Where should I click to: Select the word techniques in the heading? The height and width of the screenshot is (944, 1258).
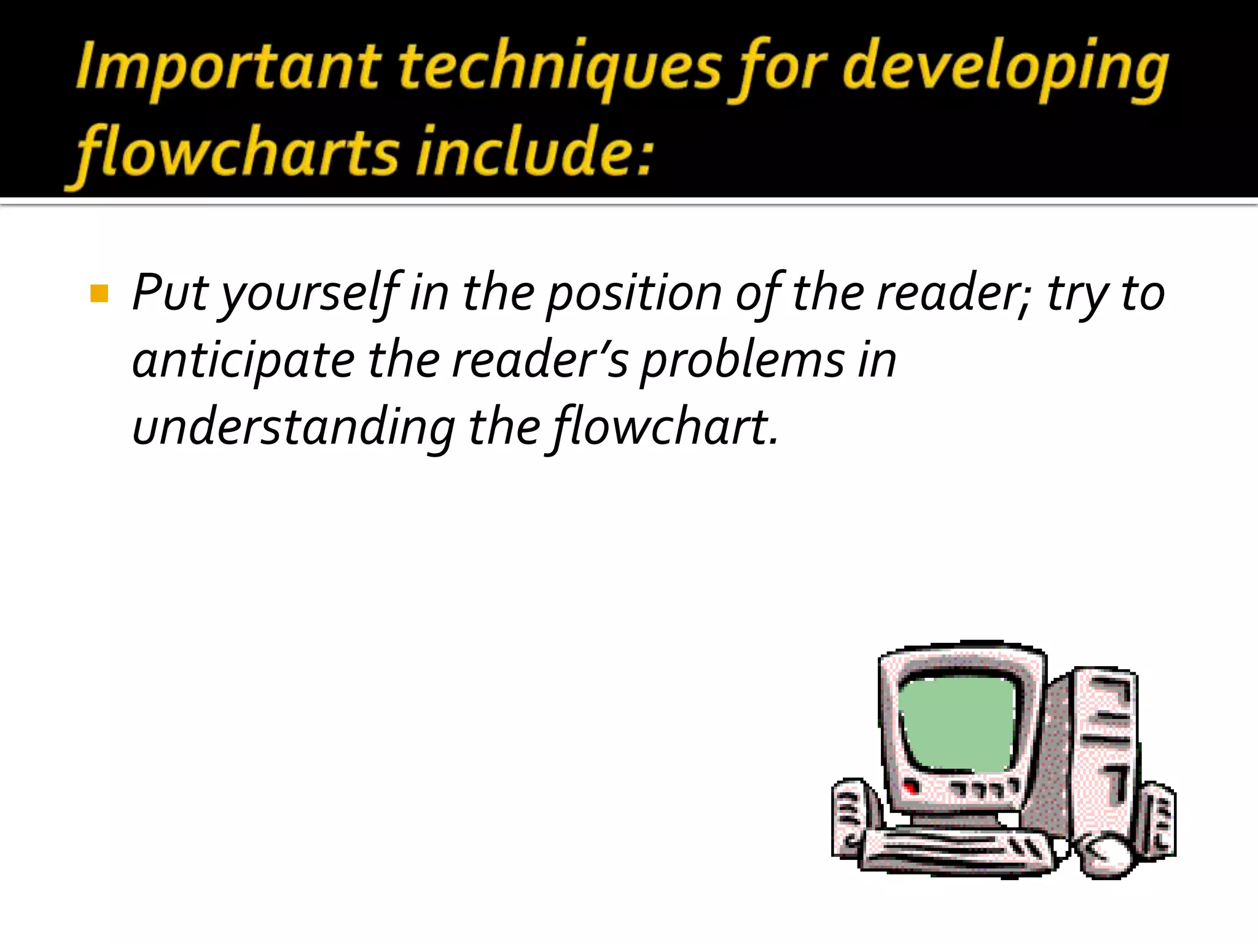click(559, 68)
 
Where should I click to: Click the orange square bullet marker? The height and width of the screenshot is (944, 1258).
click(99, 294)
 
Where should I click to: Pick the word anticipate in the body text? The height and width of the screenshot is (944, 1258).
click(243, 361)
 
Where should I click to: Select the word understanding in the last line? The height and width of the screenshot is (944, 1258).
click(294, 428)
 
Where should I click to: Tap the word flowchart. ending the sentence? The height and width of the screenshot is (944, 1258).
click(666, 427)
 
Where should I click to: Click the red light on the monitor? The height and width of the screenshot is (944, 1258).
click(910, 788)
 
